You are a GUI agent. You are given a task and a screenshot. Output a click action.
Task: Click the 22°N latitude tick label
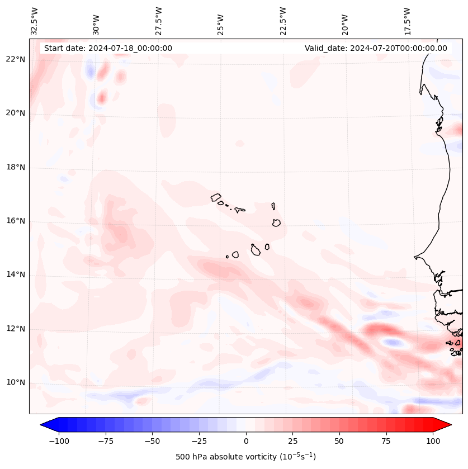[16, 60]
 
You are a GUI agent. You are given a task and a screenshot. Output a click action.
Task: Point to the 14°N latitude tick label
[16, 274]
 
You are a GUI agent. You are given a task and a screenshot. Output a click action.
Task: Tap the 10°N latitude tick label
[16, 383]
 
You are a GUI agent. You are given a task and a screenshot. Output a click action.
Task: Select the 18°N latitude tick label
[16, 167]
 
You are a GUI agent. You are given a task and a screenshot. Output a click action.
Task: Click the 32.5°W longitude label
[35, 21]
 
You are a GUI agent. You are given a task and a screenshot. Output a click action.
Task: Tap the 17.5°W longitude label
[407, 21]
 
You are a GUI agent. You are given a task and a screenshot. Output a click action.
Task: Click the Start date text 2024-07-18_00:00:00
[108, 48]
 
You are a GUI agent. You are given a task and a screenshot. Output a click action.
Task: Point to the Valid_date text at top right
[376, 48]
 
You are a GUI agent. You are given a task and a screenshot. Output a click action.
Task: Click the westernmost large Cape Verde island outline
[216, 197]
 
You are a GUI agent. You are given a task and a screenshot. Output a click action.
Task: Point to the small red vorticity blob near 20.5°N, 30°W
[101, 98]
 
